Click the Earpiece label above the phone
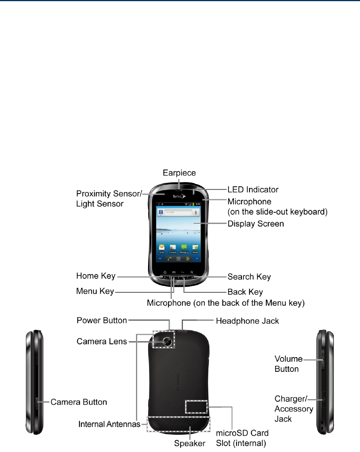[x=180, y=173]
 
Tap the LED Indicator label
[x=253, y=189]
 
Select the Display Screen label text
[x=256, y=224]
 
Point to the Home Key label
[x=96, y=276]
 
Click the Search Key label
[x=249, y=276]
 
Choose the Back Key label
[x=245, y=292]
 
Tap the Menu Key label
[x=95, y=291]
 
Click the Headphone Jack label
[x=248, y=321]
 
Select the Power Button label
[x=102, y=320]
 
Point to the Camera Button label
[x=79, y=402]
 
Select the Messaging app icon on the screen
[x=184, y=248]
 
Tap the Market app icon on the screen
[x=195, y=248]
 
